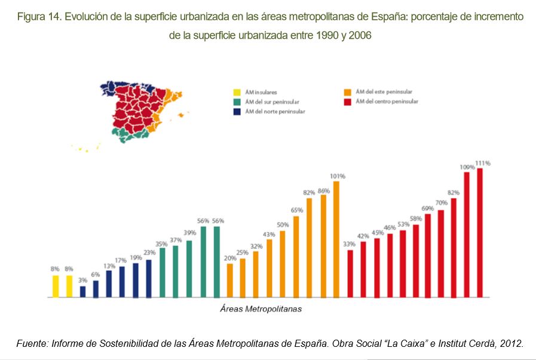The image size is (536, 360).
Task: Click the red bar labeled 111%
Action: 479,233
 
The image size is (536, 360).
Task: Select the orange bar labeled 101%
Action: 336,239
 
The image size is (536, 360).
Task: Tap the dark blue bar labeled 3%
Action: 82,291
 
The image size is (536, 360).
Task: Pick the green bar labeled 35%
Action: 162,272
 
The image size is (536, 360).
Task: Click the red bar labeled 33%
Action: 350,273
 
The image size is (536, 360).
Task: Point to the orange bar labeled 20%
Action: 229,280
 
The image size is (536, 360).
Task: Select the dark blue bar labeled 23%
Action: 149,278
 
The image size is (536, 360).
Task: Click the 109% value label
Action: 466,167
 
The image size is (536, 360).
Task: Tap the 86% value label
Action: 323,190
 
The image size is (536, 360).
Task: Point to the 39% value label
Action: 189,233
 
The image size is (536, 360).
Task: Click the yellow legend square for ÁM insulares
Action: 237,93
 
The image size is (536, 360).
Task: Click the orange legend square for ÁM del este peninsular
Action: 347,92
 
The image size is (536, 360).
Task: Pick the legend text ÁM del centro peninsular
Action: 387,101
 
